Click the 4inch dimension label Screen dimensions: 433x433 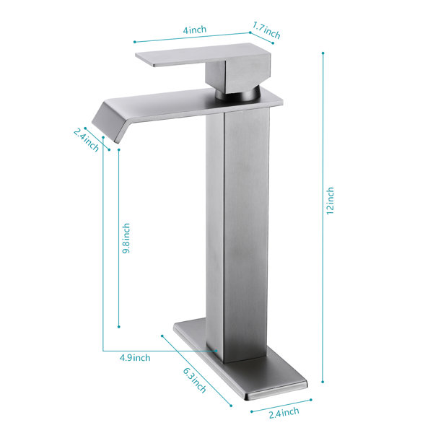pyautogui.click(x=195, y=30)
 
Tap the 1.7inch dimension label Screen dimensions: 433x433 pyautogui.click(x=266, y=30)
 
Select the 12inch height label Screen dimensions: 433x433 pyautogui.click(x=330, y=201)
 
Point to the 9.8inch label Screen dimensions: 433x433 pyautogui.click(x=126, y=238)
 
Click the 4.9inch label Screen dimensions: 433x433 pyautogui.click(x=135, y=358)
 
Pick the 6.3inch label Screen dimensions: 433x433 pyautogui.click(x=195, y=380)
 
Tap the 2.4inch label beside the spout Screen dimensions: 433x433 pyautogui.click(x=86, y=140)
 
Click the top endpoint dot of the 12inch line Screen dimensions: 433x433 pyautogui.click(x=323, y=53)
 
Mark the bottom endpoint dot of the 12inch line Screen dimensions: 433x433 pyautogui.click(x=323, y=382)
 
